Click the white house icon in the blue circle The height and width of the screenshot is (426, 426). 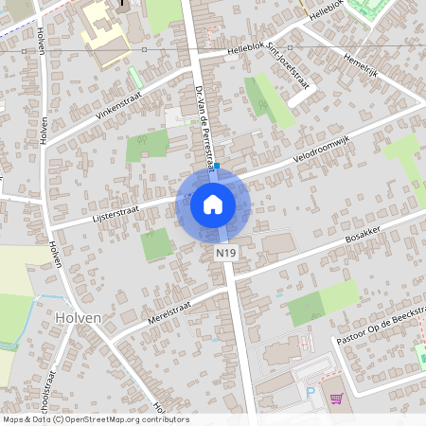coord(213,204)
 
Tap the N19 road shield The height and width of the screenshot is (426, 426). coord(225,254)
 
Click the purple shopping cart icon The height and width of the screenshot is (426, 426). coord(335,399)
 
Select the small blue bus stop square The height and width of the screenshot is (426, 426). coord(217,166)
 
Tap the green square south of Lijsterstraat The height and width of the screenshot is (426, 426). coord(157,245)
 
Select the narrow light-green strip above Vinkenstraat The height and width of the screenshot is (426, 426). coord(135,78)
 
